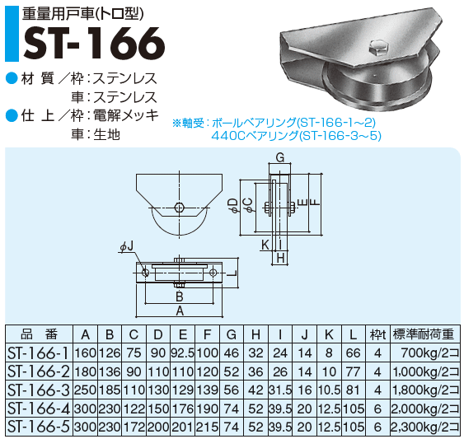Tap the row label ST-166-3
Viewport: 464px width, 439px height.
pyautogui.click(x=39, y=388)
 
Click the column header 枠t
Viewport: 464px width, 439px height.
pyautogui.click(x=377, y=334)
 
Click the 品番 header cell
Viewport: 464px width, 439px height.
pyautogui.click(x=39, y=334)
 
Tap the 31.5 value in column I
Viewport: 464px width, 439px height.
pyautogui.click(x=281, y=389)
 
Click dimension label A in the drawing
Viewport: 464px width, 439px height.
pyautogui.click(x=180, y=311)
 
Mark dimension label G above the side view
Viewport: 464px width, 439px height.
pyautogui.click(x=279, y=157)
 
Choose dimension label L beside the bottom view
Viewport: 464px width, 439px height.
pyautogui.click(x=234, y=273)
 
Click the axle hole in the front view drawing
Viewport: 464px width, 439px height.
pyautogui.click(x=180, y=208)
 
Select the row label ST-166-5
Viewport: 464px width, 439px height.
pyautogui.click(x=39, y=426)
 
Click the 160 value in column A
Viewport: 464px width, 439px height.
pyautogui.click(x=86, y=353)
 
